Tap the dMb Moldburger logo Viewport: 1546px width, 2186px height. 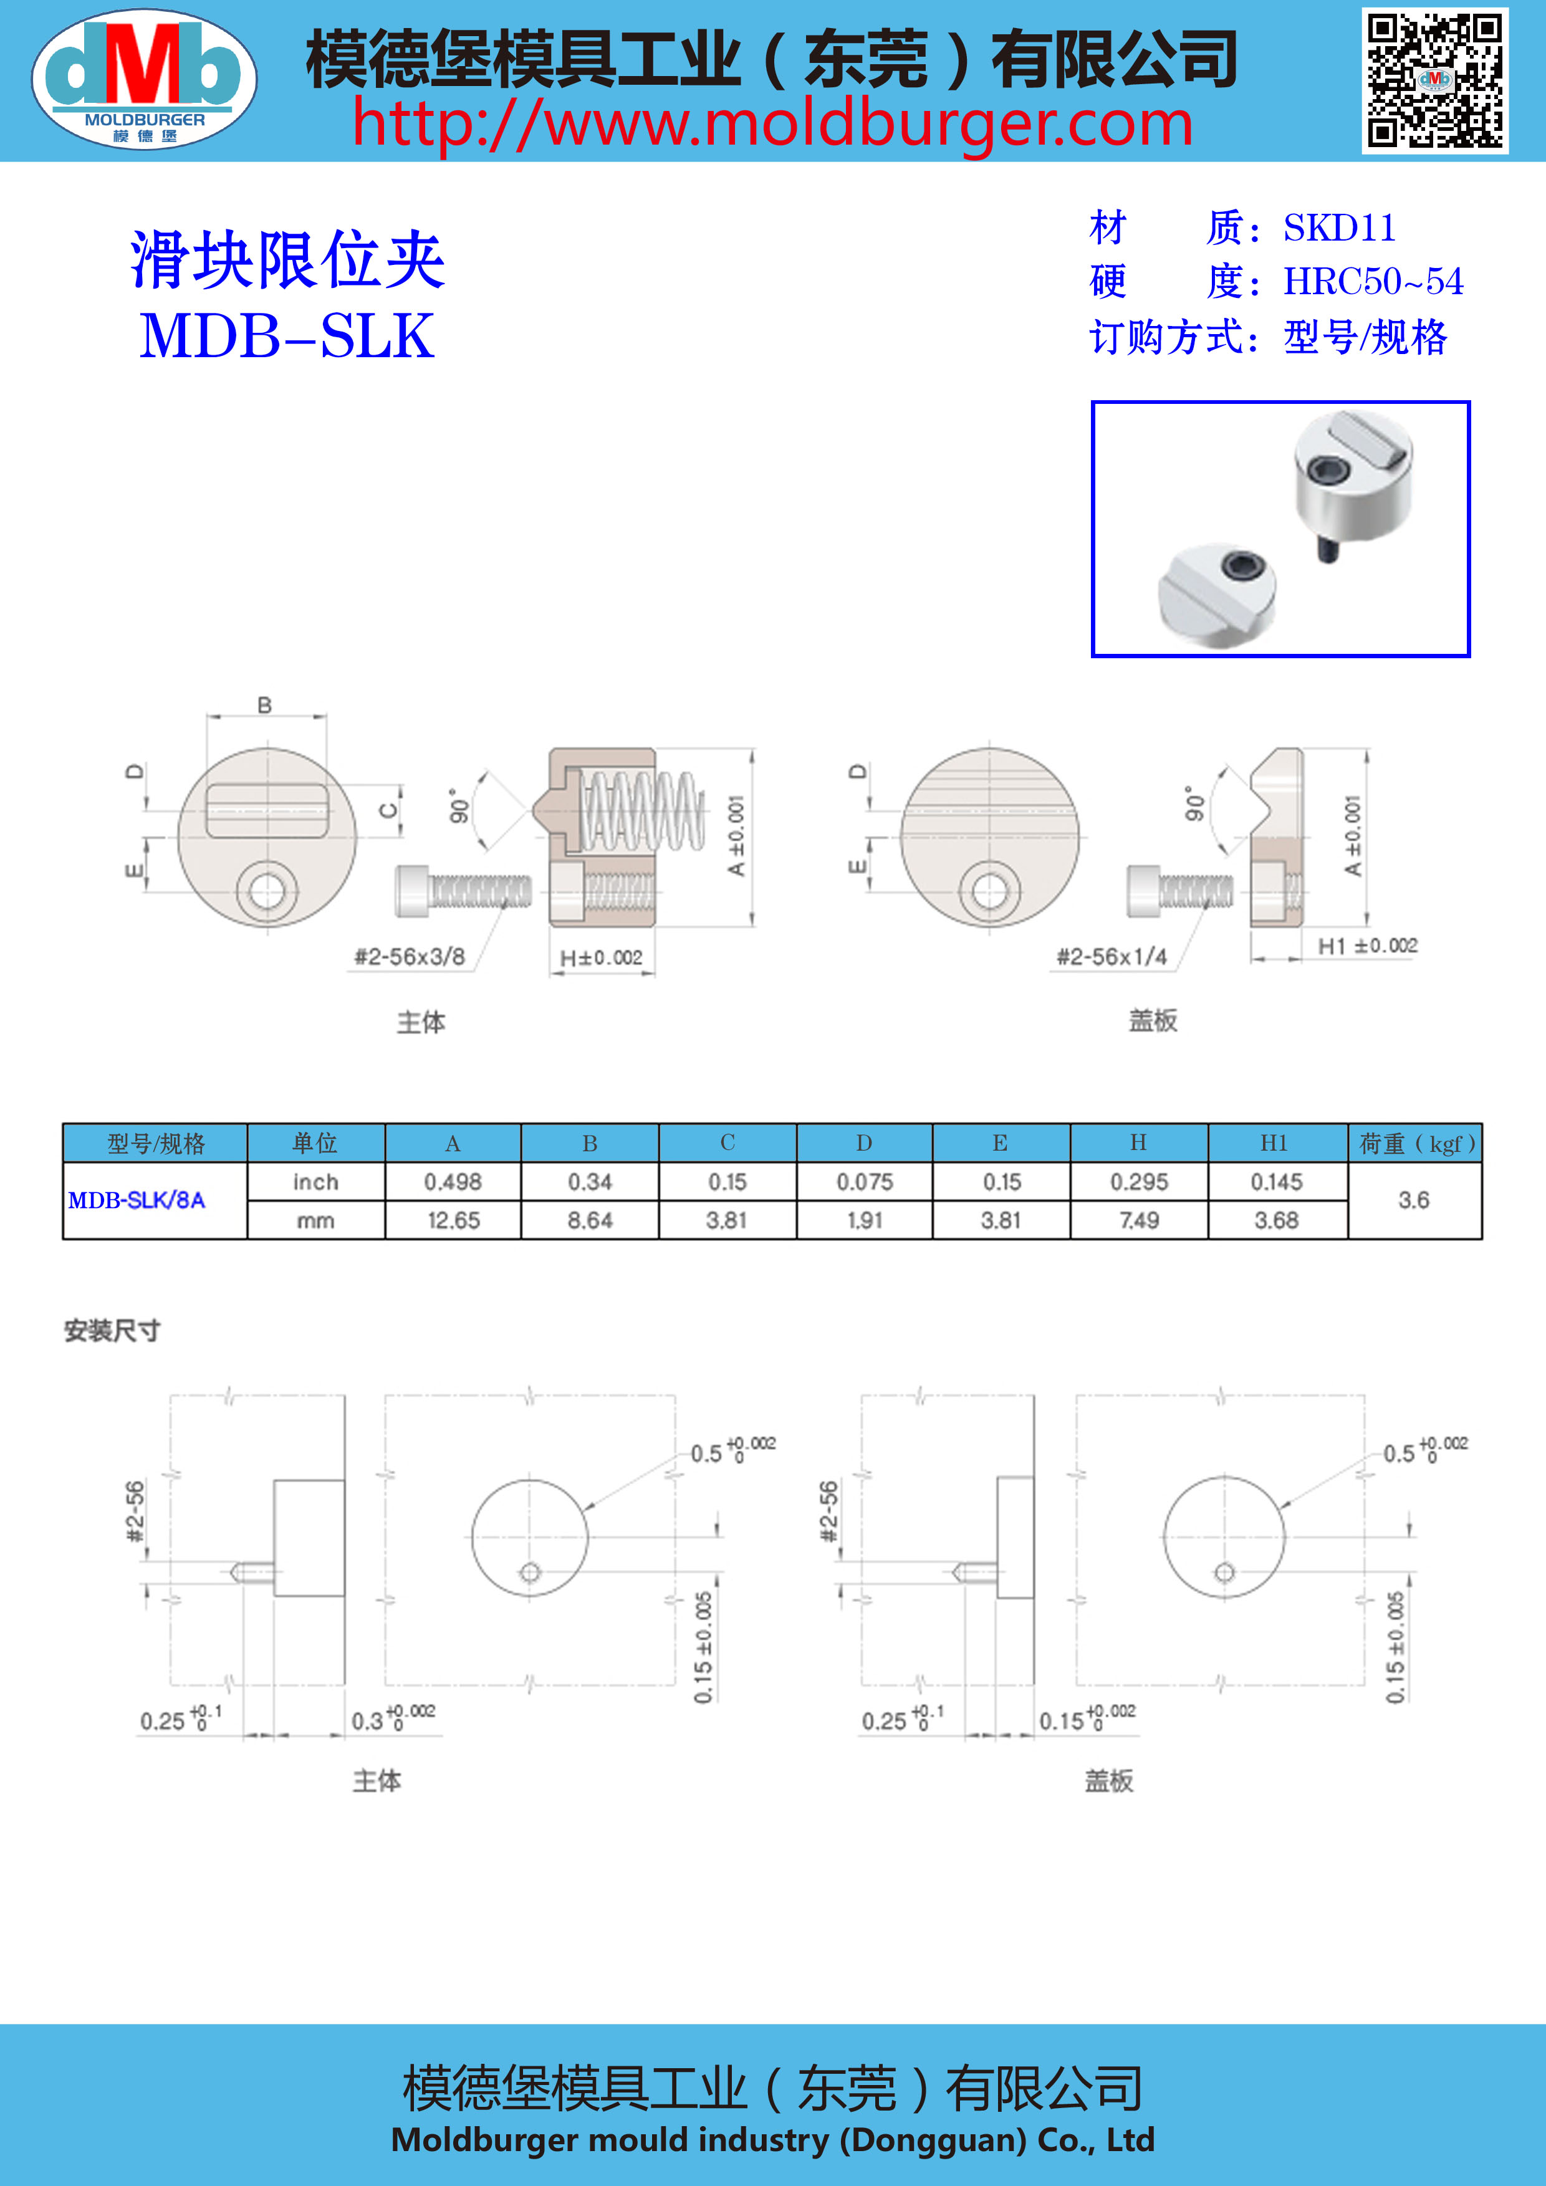pyautogui.click(x=144, y=79)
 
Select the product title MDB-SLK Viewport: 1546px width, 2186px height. pyautogui.click(x=287, y=336)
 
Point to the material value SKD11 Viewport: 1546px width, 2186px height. pyautogui.click(x=1338, y=228)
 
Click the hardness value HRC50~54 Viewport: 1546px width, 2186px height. pyautogui.click(x=1373, y=282)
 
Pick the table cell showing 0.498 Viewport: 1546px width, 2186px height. pyautogui.click(x=453, y=1182)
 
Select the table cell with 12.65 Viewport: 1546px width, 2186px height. pyautogui.click(x=453, y=1220)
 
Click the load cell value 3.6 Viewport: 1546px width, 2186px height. pyautogui.click(x=1414, y=1201)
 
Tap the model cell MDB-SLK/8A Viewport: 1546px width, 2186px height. pyautogui.click(x=136, y=1201)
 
